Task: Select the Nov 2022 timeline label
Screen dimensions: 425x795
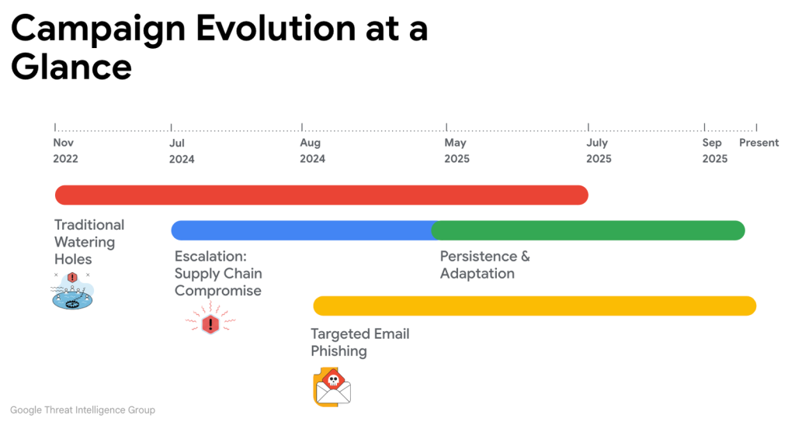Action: pos(65,150)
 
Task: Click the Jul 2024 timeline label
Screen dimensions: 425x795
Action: pos(182,150)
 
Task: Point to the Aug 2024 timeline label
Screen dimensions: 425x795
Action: pos(312,150)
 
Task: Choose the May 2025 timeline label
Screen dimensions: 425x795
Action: pos(457,150)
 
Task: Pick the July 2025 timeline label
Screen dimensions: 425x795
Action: pos(599,150)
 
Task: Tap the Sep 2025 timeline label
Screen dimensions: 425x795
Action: pos(714,150)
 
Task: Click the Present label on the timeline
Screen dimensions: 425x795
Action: pos(759,143)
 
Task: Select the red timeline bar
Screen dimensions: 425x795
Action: pos(321,195)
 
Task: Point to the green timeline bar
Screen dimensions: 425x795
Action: pos(588,230)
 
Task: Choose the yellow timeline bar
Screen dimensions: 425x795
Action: pos(534,306)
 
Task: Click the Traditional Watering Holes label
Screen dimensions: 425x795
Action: pos(89,242)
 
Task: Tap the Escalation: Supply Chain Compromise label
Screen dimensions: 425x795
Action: pos(218,274)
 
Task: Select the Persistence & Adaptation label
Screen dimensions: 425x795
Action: pos(484,264)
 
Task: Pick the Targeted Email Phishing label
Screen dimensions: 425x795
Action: pos(359,342)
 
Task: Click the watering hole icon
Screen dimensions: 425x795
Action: pos(72,291)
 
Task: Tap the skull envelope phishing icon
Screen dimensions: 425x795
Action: pos(332,388)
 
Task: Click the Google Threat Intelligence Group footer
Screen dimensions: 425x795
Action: pos(82,409)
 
